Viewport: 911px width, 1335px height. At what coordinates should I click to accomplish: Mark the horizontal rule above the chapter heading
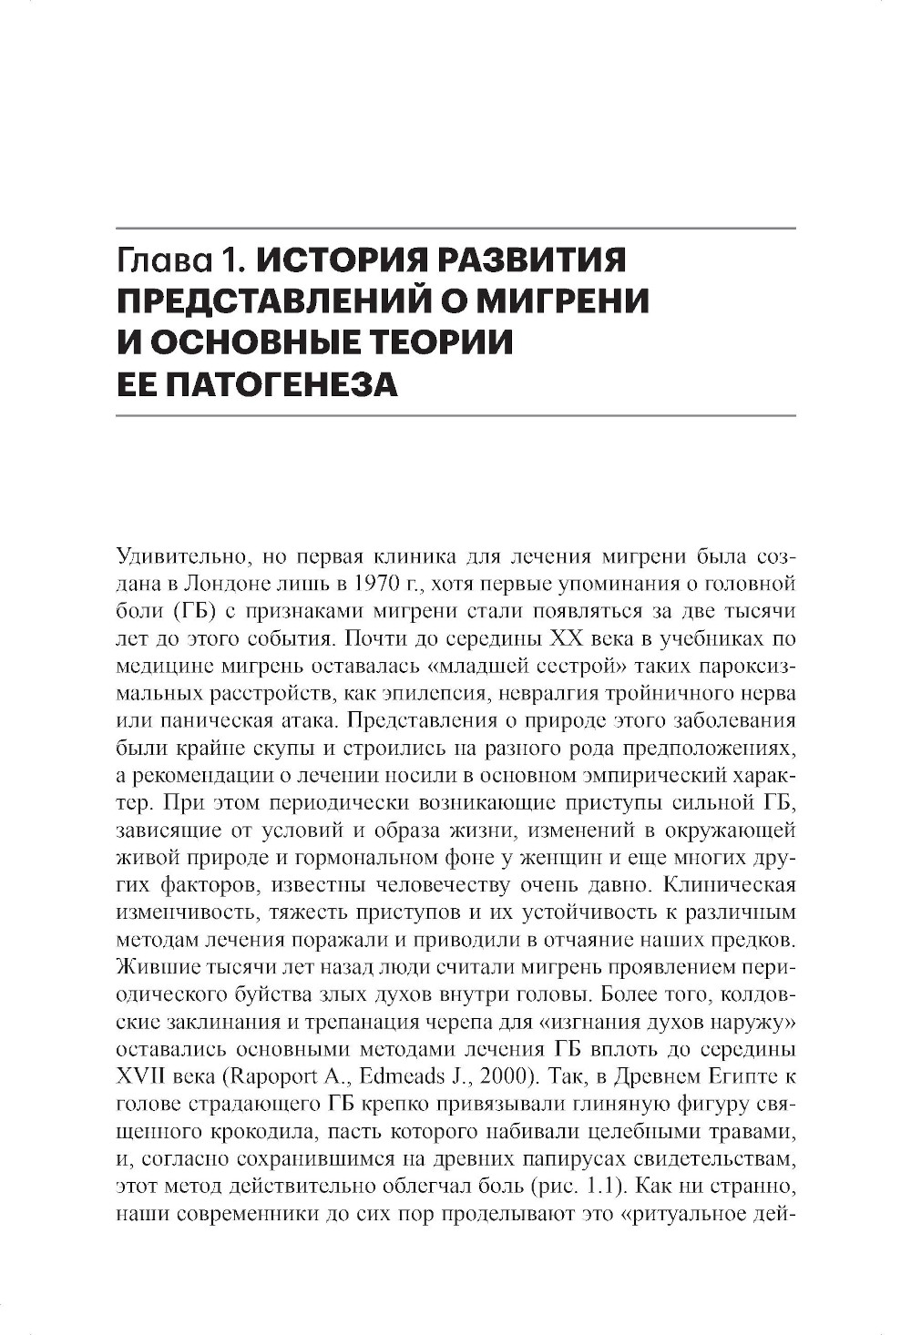[456, 228]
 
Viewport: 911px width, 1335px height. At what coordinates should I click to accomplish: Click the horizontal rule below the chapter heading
[456, 416]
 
